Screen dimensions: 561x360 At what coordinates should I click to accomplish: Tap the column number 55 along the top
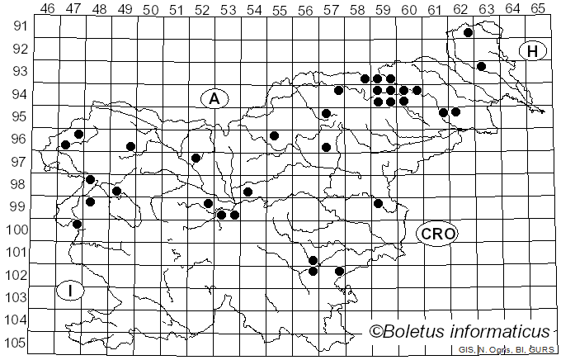(279, 9)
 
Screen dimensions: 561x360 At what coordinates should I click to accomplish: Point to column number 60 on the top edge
(408, 9)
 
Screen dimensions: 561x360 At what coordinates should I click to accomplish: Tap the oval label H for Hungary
(533, 51)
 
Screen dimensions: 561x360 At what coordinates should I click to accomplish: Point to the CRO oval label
(437, 234)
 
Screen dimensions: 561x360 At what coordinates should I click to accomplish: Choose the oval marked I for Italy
(71, 290)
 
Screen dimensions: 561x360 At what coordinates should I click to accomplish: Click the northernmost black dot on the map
(468, 33)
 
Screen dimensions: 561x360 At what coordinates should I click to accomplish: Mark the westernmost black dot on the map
(65, 145)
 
